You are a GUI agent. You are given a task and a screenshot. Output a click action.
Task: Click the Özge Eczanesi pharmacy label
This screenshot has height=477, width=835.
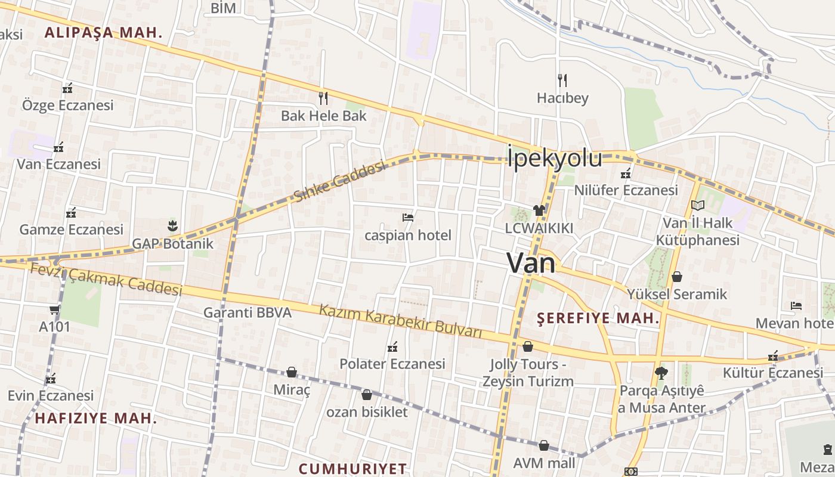(67, 106)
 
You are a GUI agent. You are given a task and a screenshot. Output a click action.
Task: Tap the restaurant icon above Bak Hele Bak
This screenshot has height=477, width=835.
(323, 97)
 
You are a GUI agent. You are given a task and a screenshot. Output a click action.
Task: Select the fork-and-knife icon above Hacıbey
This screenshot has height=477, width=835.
(562, 80)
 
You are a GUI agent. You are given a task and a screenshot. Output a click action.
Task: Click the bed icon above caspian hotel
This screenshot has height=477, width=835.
(408, 218)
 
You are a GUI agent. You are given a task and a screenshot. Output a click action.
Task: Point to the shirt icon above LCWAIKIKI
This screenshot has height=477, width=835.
(539, 210)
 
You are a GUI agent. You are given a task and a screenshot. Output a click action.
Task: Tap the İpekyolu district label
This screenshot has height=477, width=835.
(555, 159)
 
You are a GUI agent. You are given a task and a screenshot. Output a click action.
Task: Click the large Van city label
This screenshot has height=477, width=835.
(531, 263)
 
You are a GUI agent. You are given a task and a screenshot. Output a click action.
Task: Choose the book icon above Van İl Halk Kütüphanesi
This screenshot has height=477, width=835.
(697, 206)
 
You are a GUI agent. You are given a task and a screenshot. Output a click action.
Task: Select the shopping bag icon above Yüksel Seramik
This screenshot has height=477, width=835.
(676, 277)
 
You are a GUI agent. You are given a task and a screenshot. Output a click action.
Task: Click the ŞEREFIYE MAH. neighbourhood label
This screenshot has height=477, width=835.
(598, 318)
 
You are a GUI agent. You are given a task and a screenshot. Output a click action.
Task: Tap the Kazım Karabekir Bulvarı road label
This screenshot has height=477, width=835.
(400, 321)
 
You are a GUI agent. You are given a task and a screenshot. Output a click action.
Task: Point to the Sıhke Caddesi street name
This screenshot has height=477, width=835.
(339, 181)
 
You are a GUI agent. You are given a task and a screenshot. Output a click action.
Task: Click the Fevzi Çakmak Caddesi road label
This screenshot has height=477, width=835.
(106, 280)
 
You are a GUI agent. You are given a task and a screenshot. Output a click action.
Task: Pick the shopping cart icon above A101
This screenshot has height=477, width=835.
(54, 309)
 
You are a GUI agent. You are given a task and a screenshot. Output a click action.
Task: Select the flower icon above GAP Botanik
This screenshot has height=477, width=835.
(172, 226)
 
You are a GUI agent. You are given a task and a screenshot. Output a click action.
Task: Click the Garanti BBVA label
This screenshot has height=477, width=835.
(248, 312)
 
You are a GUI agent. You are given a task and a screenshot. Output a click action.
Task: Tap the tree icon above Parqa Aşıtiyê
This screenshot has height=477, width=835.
(661, 373)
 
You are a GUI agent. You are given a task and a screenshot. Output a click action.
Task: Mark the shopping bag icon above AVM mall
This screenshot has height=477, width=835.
(544, 445)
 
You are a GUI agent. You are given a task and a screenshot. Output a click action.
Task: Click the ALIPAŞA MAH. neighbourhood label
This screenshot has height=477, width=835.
(104, 33)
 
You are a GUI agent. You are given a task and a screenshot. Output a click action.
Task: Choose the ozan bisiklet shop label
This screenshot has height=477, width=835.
(367, 412)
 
